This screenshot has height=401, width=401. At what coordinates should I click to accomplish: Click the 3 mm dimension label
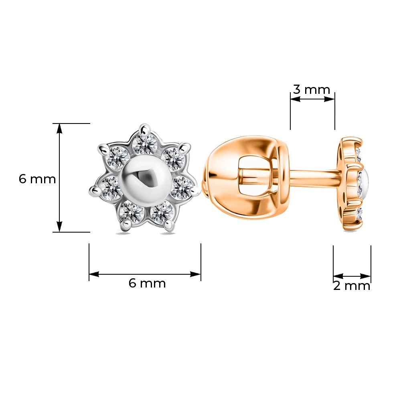(311, 90)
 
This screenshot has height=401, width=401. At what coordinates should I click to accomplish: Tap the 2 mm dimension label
(352, 286)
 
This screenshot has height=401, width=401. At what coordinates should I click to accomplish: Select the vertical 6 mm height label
(37, 179)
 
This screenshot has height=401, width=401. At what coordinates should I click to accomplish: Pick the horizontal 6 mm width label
(147, 283)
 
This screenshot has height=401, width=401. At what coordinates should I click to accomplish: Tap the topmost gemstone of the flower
(145, 144)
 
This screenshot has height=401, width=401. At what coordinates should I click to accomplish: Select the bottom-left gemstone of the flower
(132, 212)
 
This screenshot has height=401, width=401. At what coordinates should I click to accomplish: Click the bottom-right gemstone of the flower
(162, 212)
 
